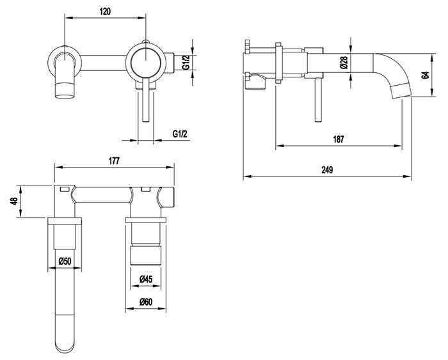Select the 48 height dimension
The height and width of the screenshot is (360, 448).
(x=13, y=201)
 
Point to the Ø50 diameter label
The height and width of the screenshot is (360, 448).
(x=65, y=261)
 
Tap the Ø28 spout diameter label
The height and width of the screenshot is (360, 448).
(x=344, y=63)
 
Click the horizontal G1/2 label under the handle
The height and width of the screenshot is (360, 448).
(x=180, y=134)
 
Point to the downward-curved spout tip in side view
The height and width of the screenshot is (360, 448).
(x=400, y=90)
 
